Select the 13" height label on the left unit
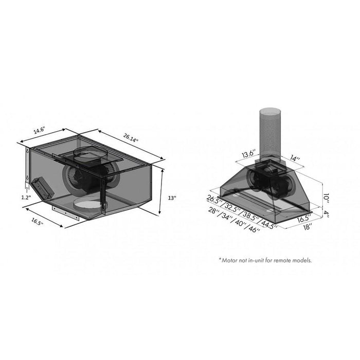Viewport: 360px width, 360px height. (x=172, y=197)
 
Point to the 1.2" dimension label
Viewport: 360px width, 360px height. (x=25, y=196)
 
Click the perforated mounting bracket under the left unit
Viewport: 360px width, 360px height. (x=67, y=212)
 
